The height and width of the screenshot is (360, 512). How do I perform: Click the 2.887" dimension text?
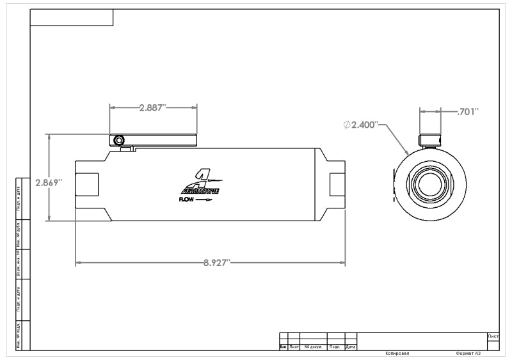(x=152, y=107)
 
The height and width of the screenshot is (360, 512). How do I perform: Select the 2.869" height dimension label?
(x=49, y=182)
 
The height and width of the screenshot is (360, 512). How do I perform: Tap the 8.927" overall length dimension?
(x=216, y=263)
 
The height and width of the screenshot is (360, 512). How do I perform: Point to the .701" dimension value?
(x=468, y=111)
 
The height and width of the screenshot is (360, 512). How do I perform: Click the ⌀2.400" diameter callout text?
(x=362, y=125)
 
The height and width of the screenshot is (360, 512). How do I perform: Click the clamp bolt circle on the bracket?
(x=117, y=140)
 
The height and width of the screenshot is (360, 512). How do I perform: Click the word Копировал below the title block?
(x=397, y=353)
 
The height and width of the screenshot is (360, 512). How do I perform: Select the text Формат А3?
(x=468, y=353)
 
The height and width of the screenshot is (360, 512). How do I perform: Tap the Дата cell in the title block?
(x=350, y=347)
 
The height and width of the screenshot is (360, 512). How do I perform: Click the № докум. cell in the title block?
(x=312, y=347)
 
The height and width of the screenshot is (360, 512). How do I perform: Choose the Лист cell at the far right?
(x=493, y=336)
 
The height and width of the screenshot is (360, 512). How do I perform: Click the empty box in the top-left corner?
(x=72, y=17)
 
